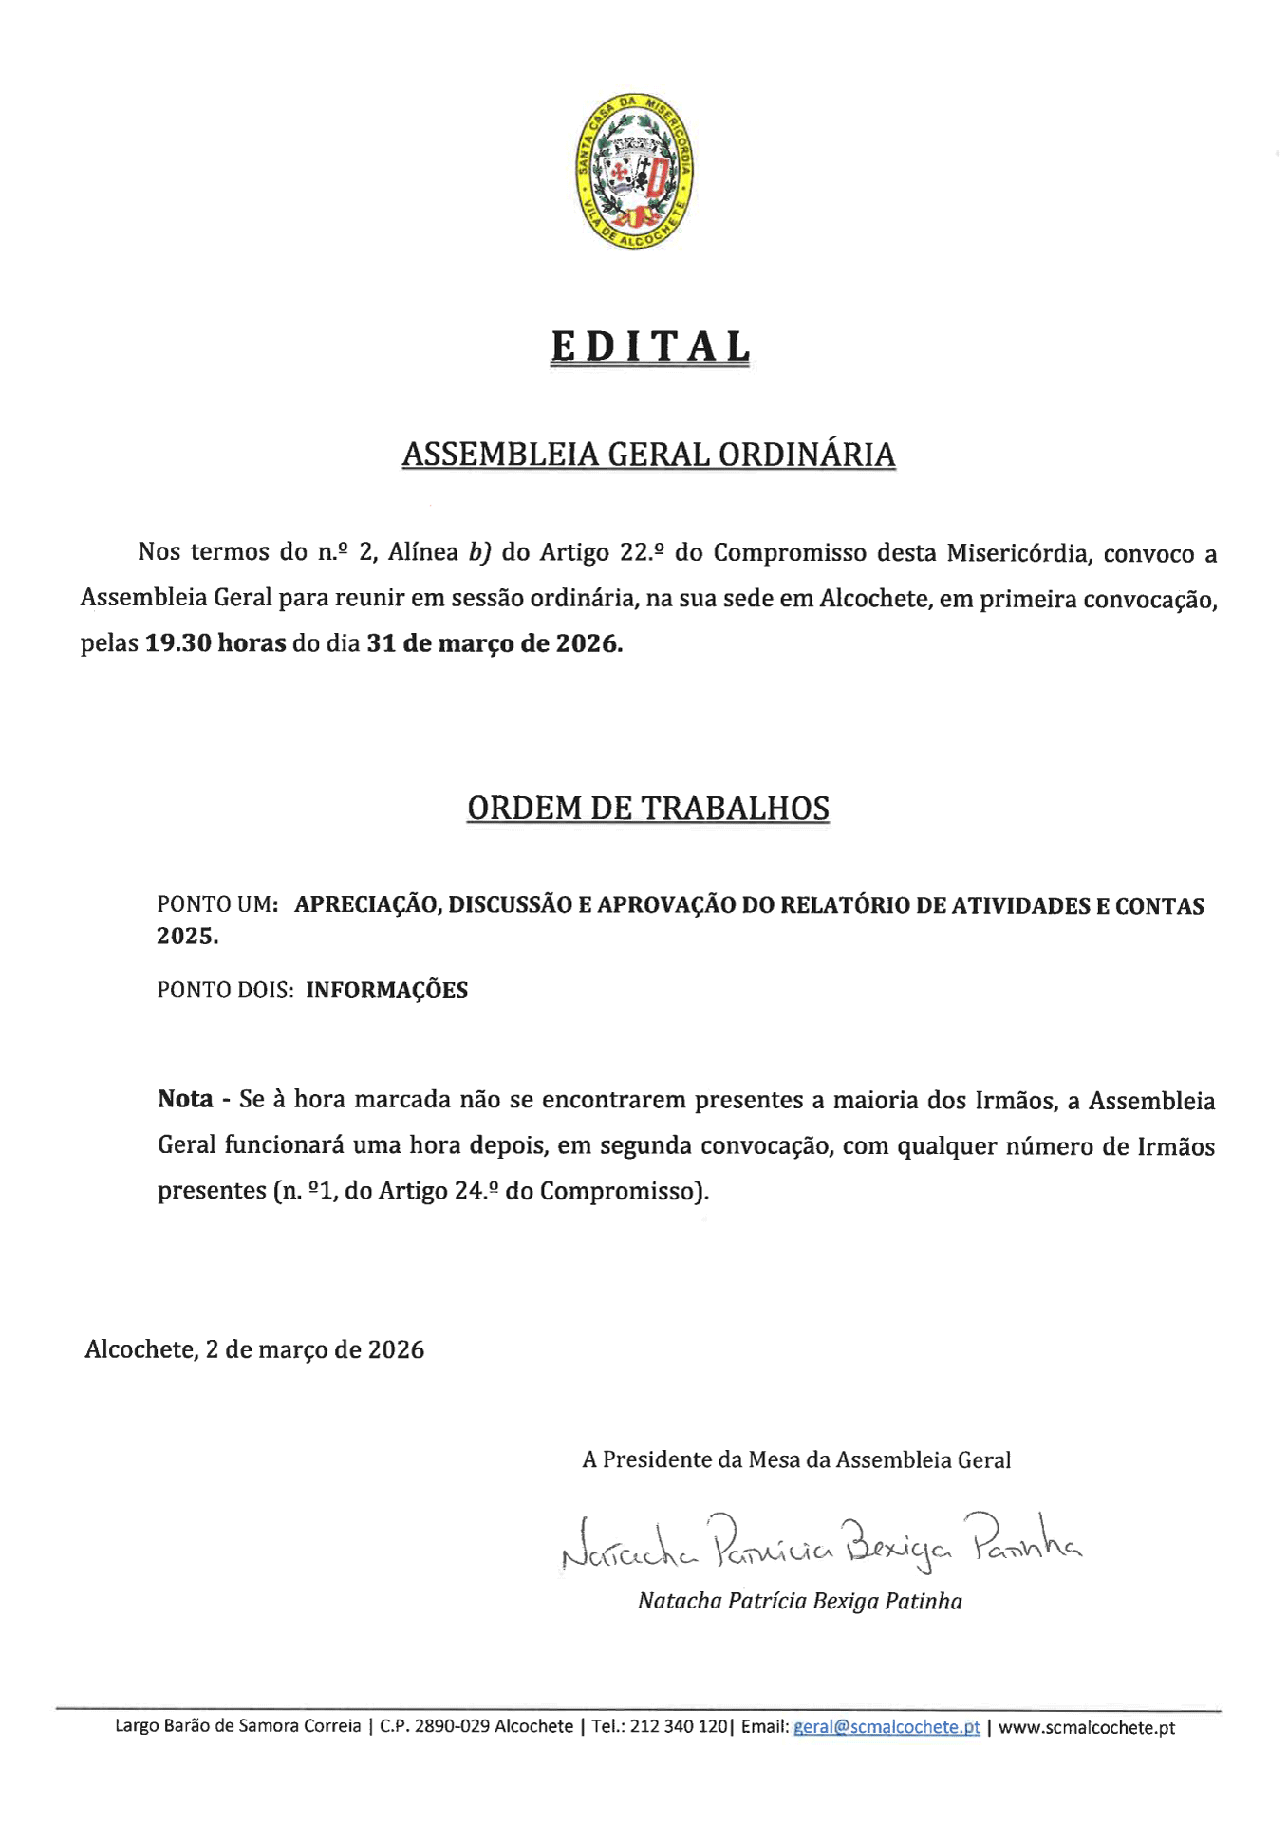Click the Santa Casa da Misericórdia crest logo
635,172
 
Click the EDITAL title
650,347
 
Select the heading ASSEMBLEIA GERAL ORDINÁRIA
648,455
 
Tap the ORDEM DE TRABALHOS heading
648,808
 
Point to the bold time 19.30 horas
215,643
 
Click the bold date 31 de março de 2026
495,643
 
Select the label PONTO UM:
217,905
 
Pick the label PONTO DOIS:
225,991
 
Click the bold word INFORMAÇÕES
387,991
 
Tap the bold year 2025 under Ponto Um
186,937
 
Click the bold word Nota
185,1100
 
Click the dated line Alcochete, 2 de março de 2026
254,1349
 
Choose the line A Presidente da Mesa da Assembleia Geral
796,1459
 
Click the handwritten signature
821,1542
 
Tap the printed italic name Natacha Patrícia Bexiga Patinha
800,1602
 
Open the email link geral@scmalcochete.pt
887,1727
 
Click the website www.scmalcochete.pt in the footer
1087,1727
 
